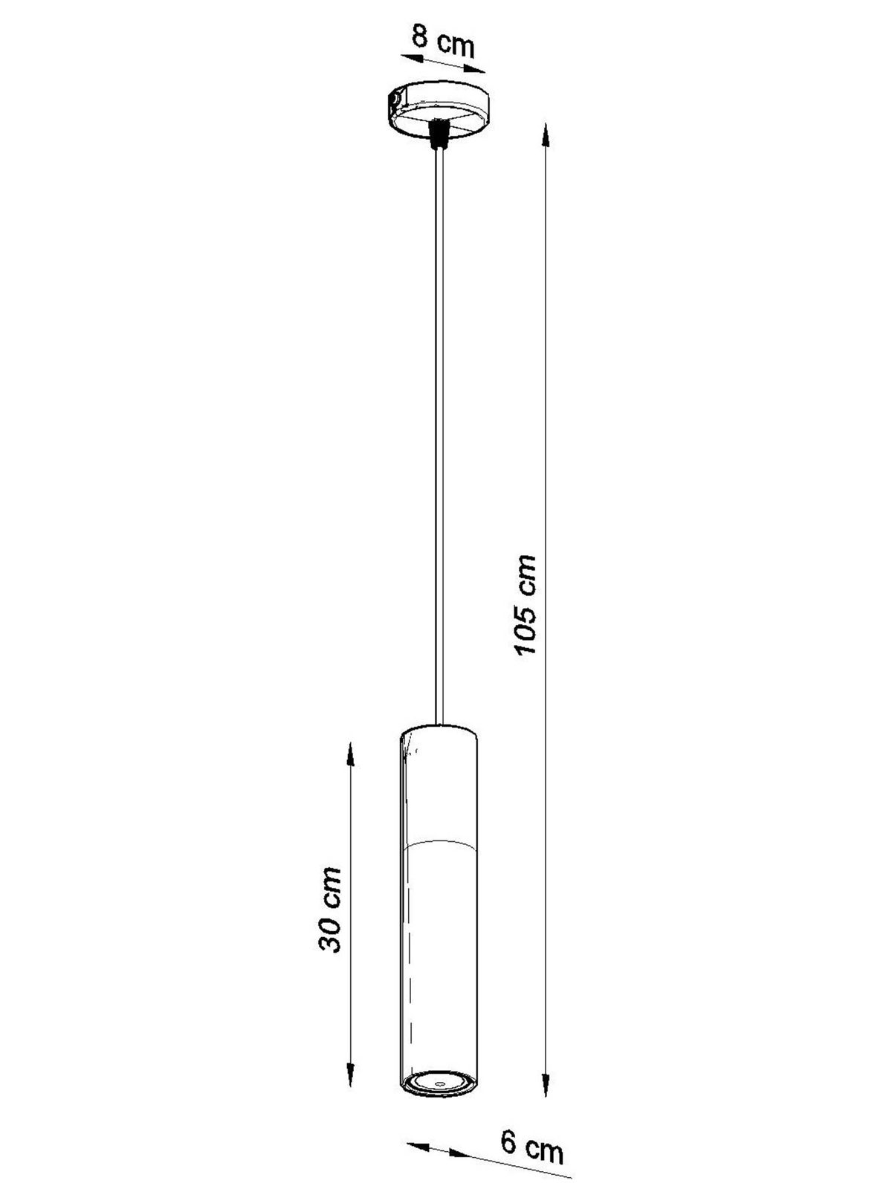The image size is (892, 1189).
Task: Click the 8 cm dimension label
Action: click(442, 39)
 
